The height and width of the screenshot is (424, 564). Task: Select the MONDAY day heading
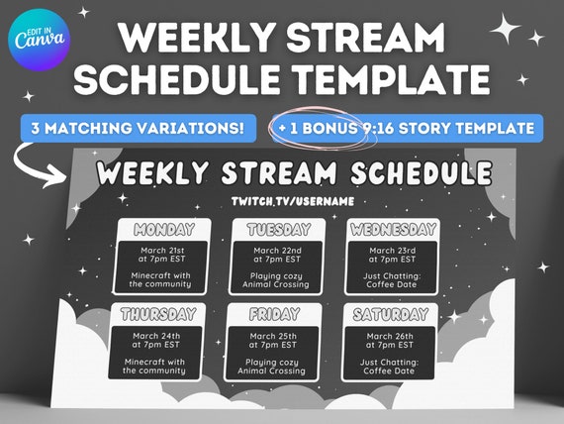coord(163,230)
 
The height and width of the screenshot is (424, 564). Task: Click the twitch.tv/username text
coord(279,202)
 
